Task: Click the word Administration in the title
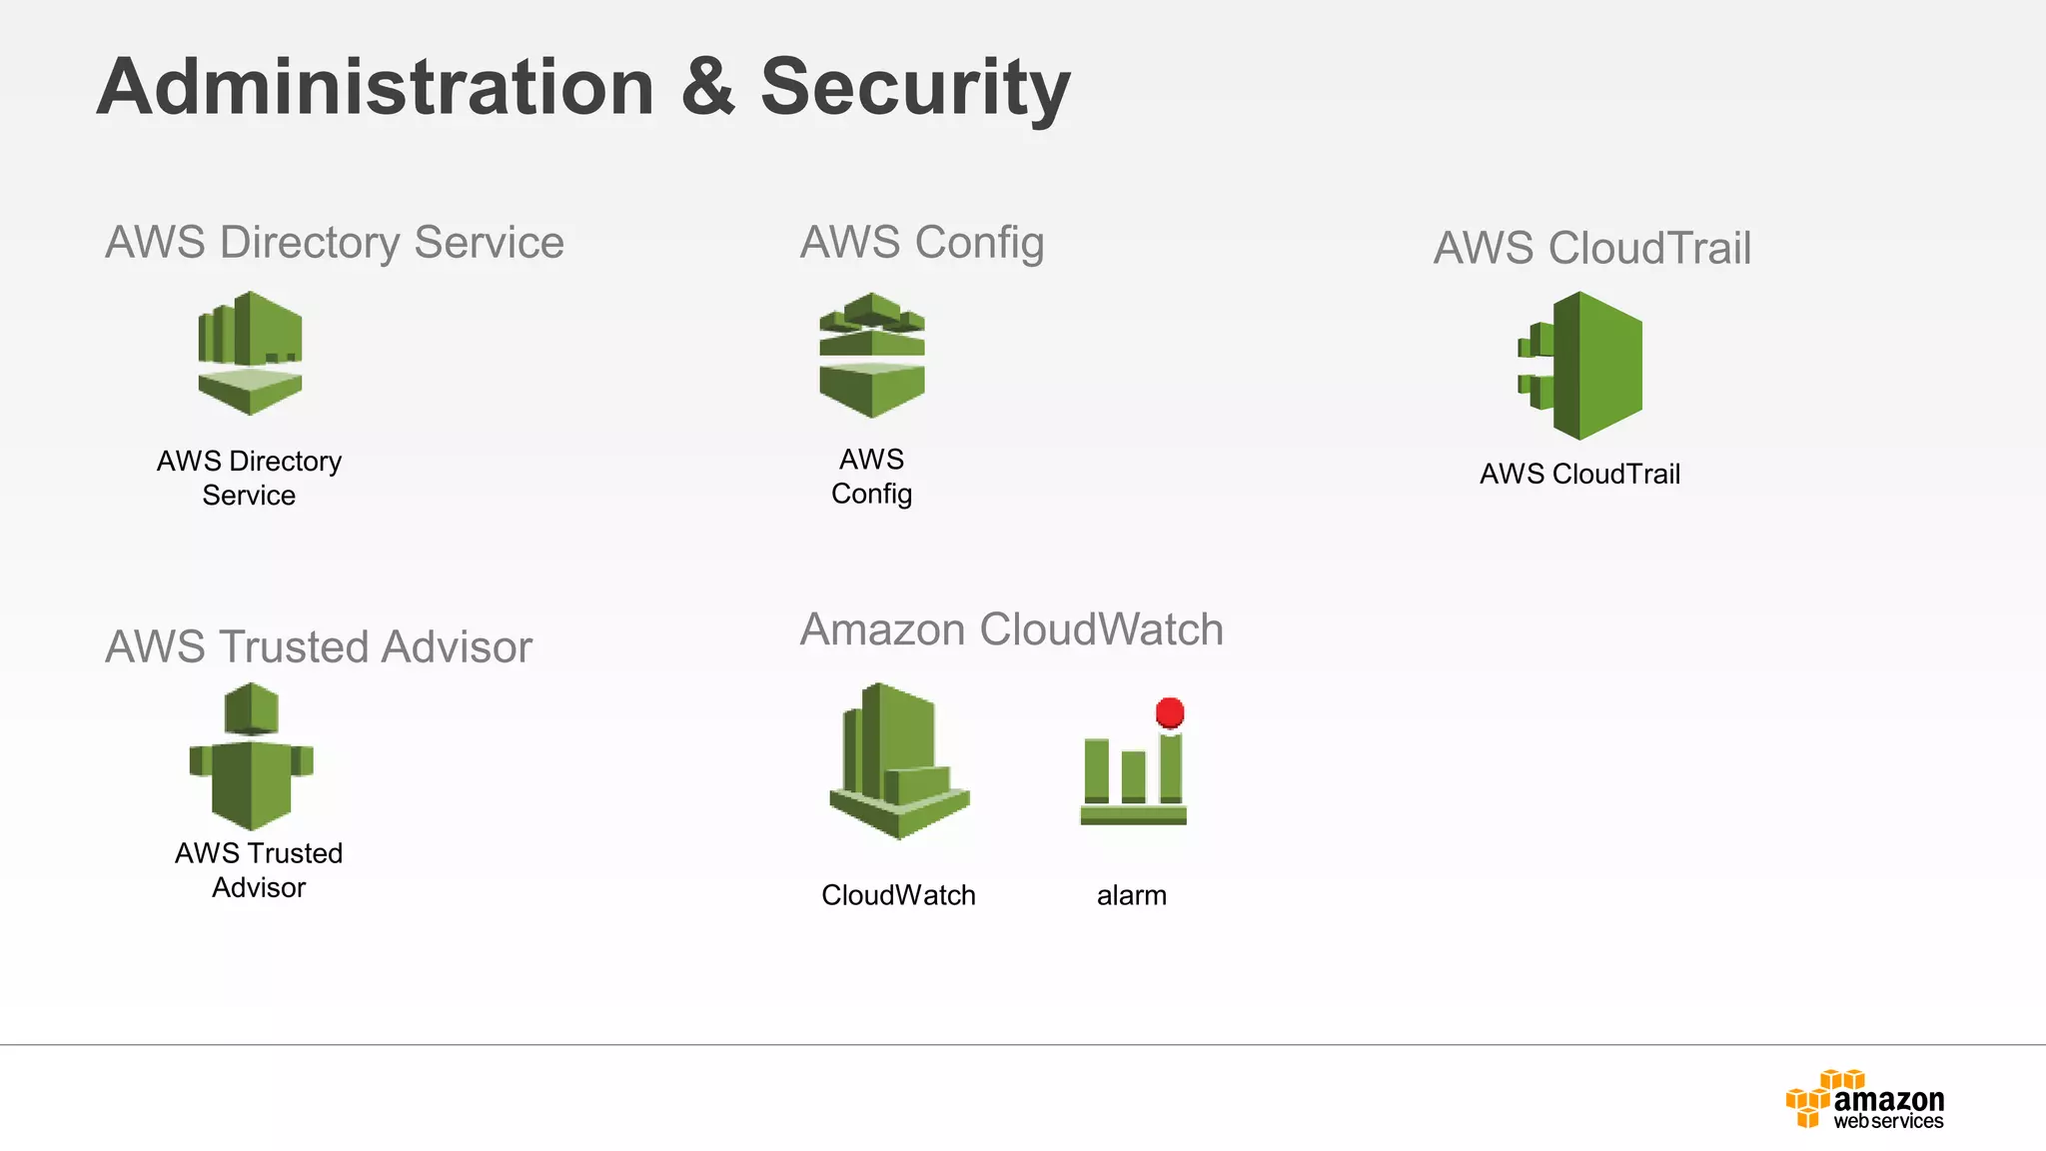[x=375, y=88]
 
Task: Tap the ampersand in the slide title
[x=707, y=88]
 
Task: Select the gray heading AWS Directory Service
[x=335, y=243]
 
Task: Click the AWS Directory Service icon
[x=250, y=353]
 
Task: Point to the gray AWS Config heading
[x=922, y=243]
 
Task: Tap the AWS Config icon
[x=871, y=355]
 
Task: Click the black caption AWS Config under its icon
[x=871, y=477]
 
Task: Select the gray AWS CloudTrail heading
[x=1592, y=248]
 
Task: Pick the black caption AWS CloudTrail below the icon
[x=1579, y=474]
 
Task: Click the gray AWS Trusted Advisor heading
[x=319, y=646]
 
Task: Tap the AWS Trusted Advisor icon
[x=251, y=756]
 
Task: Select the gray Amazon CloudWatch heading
[x=1011, y=629]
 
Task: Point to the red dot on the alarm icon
[x=1170, y=712]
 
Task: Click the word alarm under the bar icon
[x=1131, y=895]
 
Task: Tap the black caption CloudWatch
[x=898, y=895]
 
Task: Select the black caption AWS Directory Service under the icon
[x=249, y=478]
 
